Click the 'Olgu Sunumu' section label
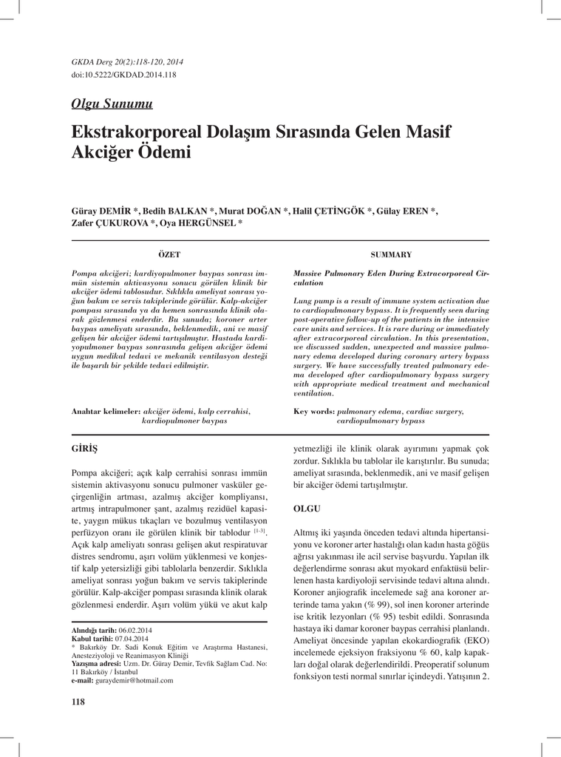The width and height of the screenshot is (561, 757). click(111, 103)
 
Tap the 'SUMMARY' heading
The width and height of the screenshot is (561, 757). click(391, 254)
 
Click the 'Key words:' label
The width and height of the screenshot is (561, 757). click(314, 410)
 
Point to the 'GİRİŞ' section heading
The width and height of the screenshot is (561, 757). click(84, 449)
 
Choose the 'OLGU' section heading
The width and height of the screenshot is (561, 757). click(307, 509)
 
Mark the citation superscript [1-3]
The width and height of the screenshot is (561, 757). click(259, 530)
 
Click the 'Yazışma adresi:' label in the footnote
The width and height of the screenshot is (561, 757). click(96, 663)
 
